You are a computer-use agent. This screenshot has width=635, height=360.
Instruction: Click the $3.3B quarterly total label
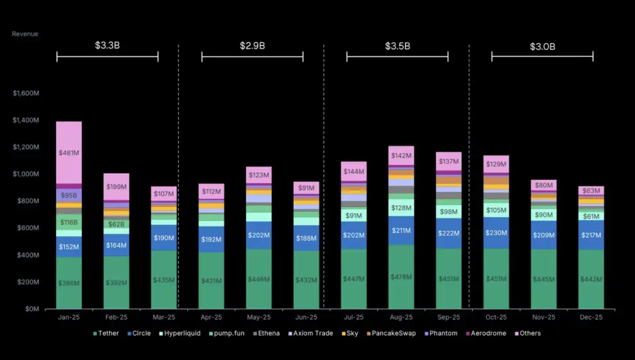point(107,46)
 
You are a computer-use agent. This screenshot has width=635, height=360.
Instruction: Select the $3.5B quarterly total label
point(398,46)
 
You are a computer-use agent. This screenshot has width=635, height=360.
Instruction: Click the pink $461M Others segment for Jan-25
point(69,153)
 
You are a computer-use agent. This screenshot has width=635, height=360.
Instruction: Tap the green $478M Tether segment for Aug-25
point(401,277)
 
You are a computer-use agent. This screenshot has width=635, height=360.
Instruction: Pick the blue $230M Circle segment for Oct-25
point(496,233)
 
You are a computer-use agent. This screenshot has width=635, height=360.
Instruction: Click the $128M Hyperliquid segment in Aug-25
point(401,208)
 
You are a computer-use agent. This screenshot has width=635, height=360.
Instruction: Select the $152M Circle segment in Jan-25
point(69,247)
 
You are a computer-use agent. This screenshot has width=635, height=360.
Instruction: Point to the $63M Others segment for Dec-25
point(591,191)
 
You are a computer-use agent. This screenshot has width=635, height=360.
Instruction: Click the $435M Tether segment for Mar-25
point(163,280)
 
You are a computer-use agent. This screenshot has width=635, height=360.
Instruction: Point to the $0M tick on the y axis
point(30,309)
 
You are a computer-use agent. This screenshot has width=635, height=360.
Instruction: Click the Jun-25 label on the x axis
point(306,318)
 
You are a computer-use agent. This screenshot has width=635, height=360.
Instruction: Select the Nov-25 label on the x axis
point(543,318)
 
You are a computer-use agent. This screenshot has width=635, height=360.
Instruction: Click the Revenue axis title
point(25,34)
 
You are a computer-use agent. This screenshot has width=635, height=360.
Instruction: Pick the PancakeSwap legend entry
point(393,334)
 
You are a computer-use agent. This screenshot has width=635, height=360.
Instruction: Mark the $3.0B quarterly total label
point(542,46)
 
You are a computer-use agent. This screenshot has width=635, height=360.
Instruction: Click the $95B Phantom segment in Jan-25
point(69,195)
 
